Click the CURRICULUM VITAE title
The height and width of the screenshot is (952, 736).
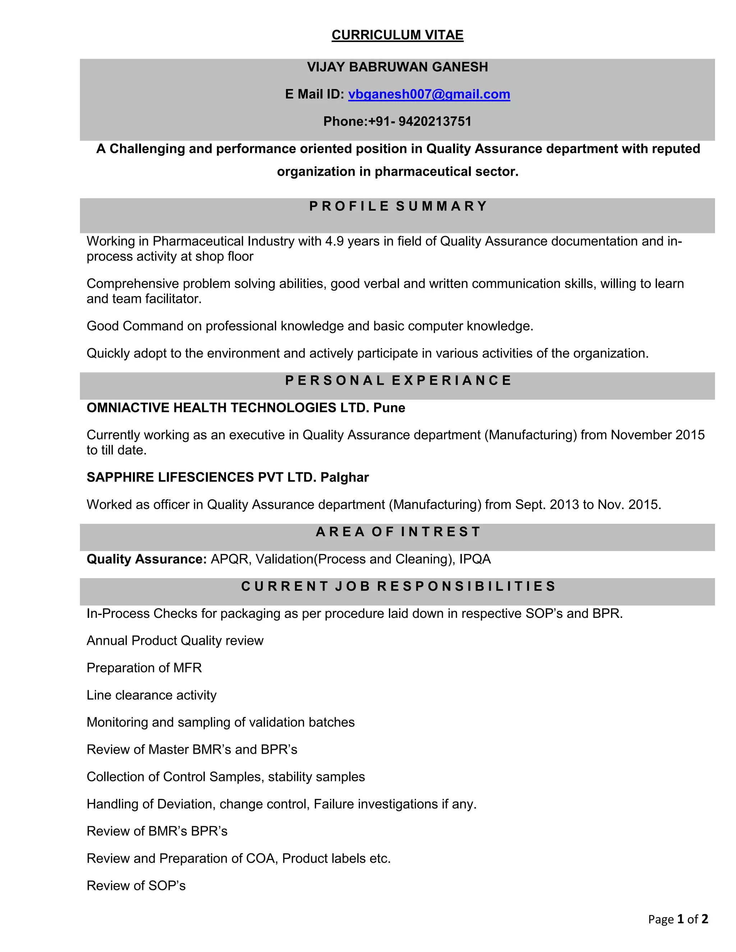point(397,35)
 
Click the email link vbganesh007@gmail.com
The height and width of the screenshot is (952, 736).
point(429,94)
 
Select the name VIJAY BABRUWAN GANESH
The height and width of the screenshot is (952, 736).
point(397,67)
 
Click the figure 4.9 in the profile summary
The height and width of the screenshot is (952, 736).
point(334,241)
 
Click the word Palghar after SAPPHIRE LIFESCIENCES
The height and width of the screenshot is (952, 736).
point(344,477)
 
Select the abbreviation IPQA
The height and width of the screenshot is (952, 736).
point(475,559)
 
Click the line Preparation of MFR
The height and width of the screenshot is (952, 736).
point(144,668)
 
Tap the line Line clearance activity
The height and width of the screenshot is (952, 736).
point(151,695)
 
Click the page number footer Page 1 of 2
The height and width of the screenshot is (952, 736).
point(677,919)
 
